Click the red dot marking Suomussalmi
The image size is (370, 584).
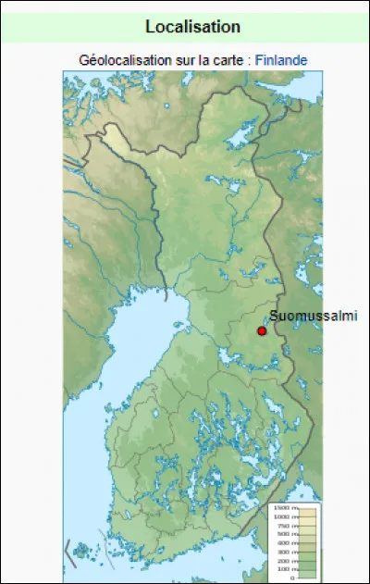click(x=262, y=330)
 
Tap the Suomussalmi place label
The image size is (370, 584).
click(x=313, y=316)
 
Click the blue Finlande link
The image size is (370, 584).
click(x=281, y=60)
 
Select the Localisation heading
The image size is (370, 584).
click(x=192, y=28)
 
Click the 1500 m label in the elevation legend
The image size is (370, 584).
click(x=282, y=509)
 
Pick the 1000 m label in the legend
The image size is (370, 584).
click(x=282, y=517)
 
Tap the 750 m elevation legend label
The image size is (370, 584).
click(x=284, y=526)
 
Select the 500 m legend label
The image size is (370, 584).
click(x=284, y=534)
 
